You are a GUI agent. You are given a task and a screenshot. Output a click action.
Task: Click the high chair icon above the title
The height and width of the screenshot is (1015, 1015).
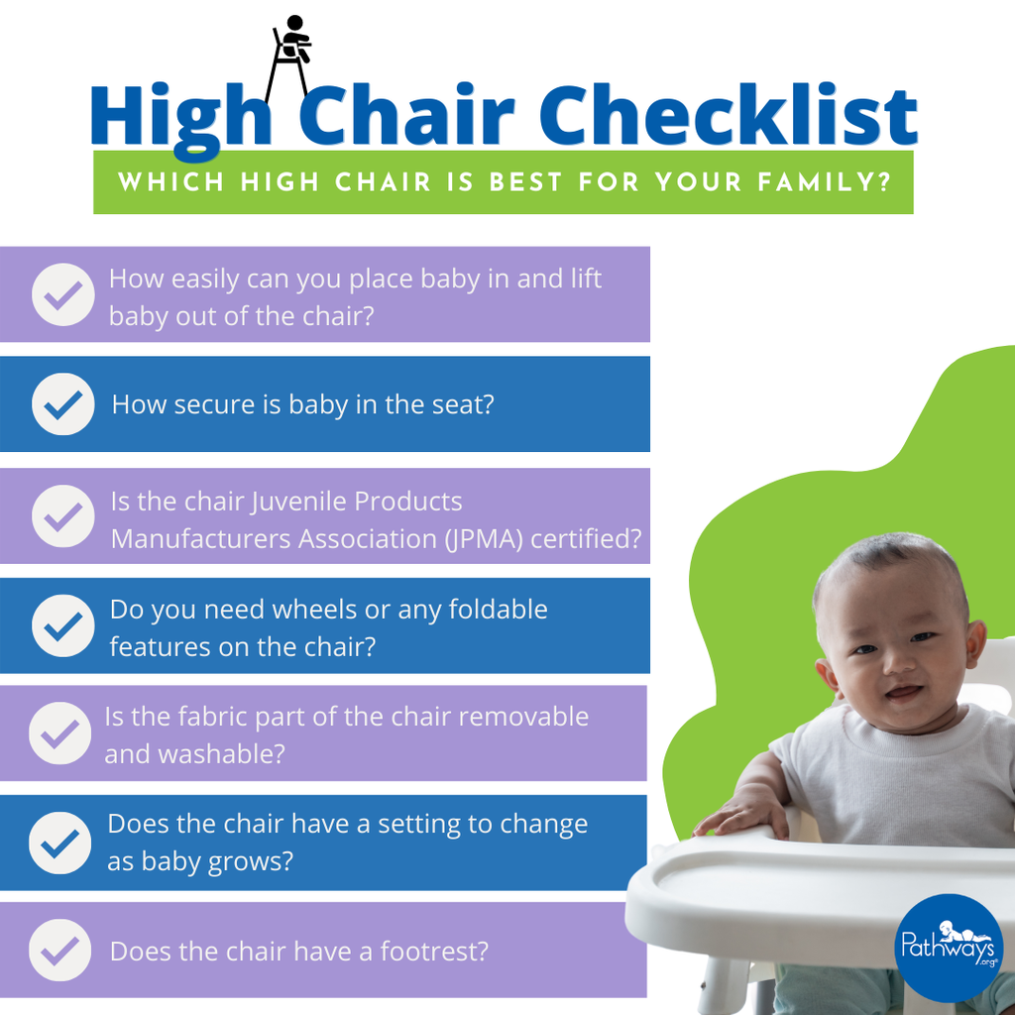pos(289,58)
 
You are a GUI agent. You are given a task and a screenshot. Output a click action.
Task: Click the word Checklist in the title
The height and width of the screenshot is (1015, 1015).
pos(729,115)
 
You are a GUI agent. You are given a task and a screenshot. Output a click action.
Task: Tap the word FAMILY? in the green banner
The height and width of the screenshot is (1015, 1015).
pos(825,182)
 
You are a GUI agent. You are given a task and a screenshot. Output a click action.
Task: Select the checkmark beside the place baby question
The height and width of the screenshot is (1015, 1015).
pos(62,294)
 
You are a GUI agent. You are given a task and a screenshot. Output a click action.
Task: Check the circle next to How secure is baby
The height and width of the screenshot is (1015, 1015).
pos(62,404)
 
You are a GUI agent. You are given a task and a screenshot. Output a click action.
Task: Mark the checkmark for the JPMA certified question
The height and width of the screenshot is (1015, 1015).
pos(62,515)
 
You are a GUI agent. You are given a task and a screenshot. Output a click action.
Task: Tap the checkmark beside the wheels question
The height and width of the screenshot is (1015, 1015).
pos(62,626)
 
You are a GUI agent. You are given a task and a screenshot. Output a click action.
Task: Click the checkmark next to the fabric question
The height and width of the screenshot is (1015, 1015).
pos(60,733)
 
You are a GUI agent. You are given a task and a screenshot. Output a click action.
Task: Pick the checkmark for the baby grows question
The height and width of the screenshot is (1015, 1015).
pos(60,843)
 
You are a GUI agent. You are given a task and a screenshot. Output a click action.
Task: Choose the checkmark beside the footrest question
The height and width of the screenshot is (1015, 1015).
pos(60,951)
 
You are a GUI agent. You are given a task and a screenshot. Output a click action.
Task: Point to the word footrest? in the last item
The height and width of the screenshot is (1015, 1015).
pos(434,952)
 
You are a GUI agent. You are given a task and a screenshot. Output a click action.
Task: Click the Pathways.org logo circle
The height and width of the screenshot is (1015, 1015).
pos(949,948)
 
